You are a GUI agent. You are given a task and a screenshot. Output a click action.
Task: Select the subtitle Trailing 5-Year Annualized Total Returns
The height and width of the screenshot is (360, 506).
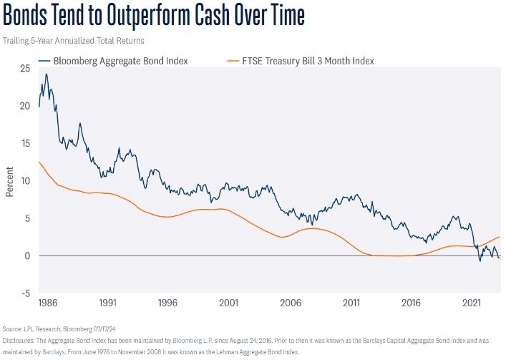tap(74, 40)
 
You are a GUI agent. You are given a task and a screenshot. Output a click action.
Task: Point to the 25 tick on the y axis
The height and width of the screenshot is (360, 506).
tap(24, 68)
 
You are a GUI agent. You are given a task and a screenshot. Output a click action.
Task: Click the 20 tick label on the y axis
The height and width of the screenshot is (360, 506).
tap(24, 106)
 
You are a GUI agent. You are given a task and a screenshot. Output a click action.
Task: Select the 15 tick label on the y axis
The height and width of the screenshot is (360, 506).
tap(24, 143)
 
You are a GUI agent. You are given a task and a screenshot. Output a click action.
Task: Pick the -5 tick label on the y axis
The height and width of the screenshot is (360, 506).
tap(24, 293)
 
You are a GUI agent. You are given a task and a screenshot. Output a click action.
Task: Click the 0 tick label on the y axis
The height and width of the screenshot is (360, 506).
tap(26, 256)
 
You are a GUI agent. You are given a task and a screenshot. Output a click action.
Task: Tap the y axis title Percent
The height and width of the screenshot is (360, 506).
tap(9, 180)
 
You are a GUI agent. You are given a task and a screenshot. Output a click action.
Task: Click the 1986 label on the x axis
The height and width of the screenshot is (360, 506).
tap(48, 303)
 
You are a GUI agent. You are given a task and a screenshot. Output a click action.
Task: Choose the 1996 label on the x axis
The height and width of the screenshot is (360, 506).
tap(169, 303)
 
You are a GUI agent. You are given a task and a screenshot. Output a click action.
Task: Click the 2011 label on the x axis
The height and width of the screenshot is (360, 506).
tap(351, 303)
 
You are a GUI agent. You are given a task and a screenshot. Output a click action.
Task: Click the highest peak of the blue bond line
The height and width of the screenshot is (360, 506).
tap(47, 74)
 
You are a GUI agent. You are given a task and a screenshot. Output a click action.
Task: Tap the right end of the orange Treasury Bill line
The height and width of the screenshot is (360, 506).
tap(499, 237)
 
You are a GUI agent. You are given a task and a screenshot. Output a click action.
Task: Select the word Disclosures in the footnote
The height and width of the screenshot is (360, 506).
tap(23, 340)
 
